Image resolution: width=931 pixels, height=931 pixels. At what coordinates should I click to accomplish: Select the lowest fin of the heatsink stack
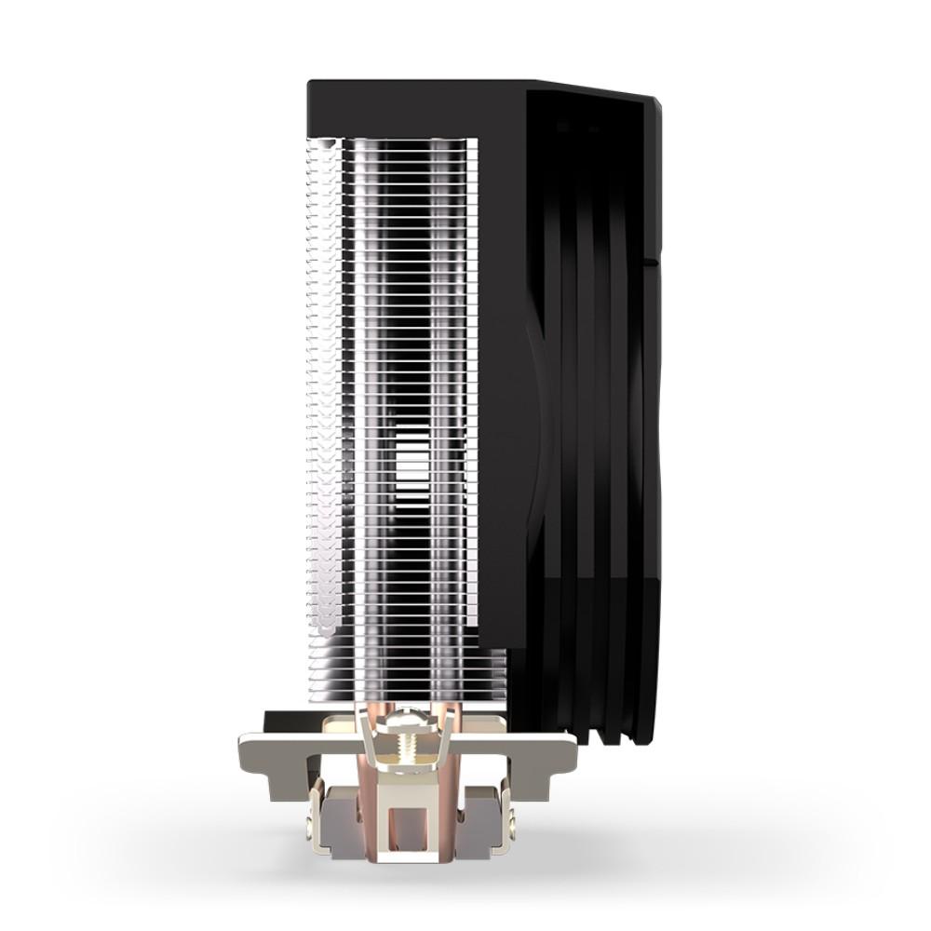tap(419, 684)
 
